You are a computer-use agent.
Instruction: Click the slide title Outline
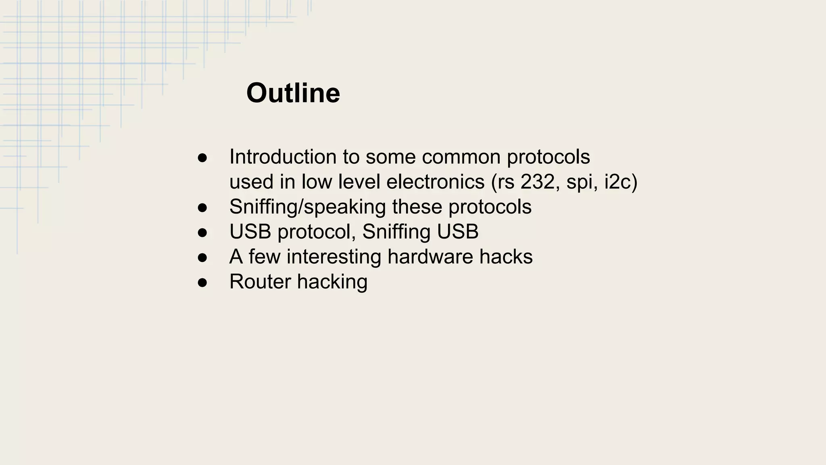(293, 93)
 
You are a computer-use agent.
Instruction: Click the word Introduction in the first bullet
(283, 157)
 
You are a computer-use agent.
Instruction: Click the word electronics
(435, 182)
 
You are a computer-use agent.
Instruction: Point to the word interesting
(334, 257)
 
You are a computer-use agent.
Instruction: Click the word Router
(260, 282)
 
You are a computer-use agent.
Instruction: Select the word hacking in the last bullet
(332, 282)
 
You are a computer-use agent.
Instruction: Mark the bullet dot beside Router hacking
(202, 283)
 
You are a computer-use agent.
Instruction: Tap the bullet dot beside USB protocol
(202, 232)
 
